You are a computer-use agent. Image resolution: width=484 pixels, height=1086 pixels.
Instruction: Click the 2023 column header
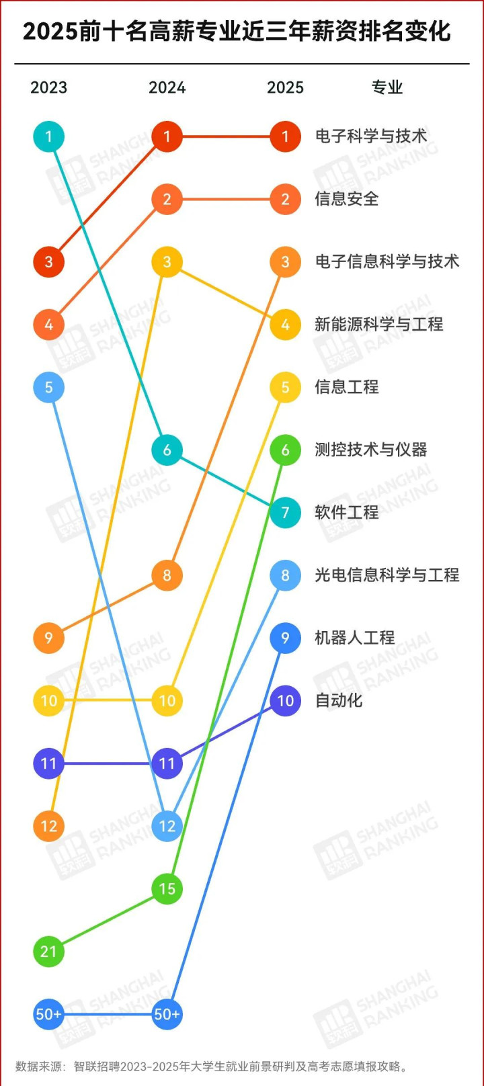tap(48, 87)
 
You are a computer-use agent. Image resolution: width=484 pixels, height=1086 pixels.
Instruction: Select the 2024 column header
tap(167, 87)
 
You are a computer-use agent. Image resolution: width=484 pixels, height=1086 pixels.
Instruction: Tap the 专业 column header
tap(387, 87)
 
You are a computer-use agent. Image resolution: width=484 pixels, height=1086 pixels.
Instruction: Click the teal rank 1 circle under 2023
tap(48, 136)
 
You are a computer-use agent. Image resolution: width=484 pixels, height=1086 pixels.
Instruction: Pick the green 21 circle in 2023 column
tap(48, 952)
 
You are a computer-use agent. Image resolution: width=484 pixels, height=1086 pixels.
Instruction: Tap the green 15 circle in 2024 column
tap(167, 888)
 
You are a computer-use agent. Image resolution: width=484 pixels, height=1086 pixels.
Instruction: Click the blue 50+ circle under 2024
tap(167, 1014)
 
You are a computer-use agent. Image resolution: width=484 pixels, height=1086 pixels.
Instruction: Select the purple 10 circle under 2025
tap(285, 700)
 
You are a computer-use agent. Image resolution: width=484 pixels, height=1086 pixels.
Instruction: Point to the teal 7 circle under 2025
tap(285, 513)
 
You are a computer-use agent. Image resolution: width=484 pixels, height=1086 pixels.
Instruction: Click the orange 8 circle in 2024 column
tap(167, 575)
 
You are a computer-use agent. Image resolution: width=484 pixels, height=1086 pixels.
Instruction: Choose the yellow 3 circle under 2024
tap(167, 262)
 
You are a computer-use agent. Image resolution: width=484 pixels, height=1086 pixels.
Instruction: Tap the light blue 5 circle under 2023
tap(48, 387)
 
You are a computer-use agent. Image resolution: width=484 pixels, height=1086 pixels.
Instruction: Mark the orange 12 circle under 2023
tap(48, 826)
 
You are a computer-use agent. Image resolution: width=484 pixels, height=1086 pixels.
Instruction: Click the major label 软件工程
tap(347, 512)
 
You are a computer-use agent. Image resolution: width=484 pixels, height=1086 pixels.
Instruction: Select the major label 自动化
tap(339, 700)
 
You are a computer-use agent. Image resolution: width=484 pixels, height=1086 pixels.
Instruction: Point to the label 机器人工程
tap(354, 638)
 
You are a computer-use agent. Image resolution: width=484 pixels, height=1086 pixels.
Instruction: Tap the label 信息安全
tap(347, 199)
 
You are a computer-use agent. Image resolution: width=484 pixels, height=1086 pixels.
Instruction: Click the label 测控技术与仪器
tap(371, 450)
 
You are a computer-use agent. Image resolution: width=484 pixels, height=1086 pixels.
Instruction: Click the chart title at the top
tap(237, 32)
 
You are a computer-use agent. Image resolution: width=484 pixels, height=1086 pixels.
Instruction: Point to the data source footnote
tap(212, 1066)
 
